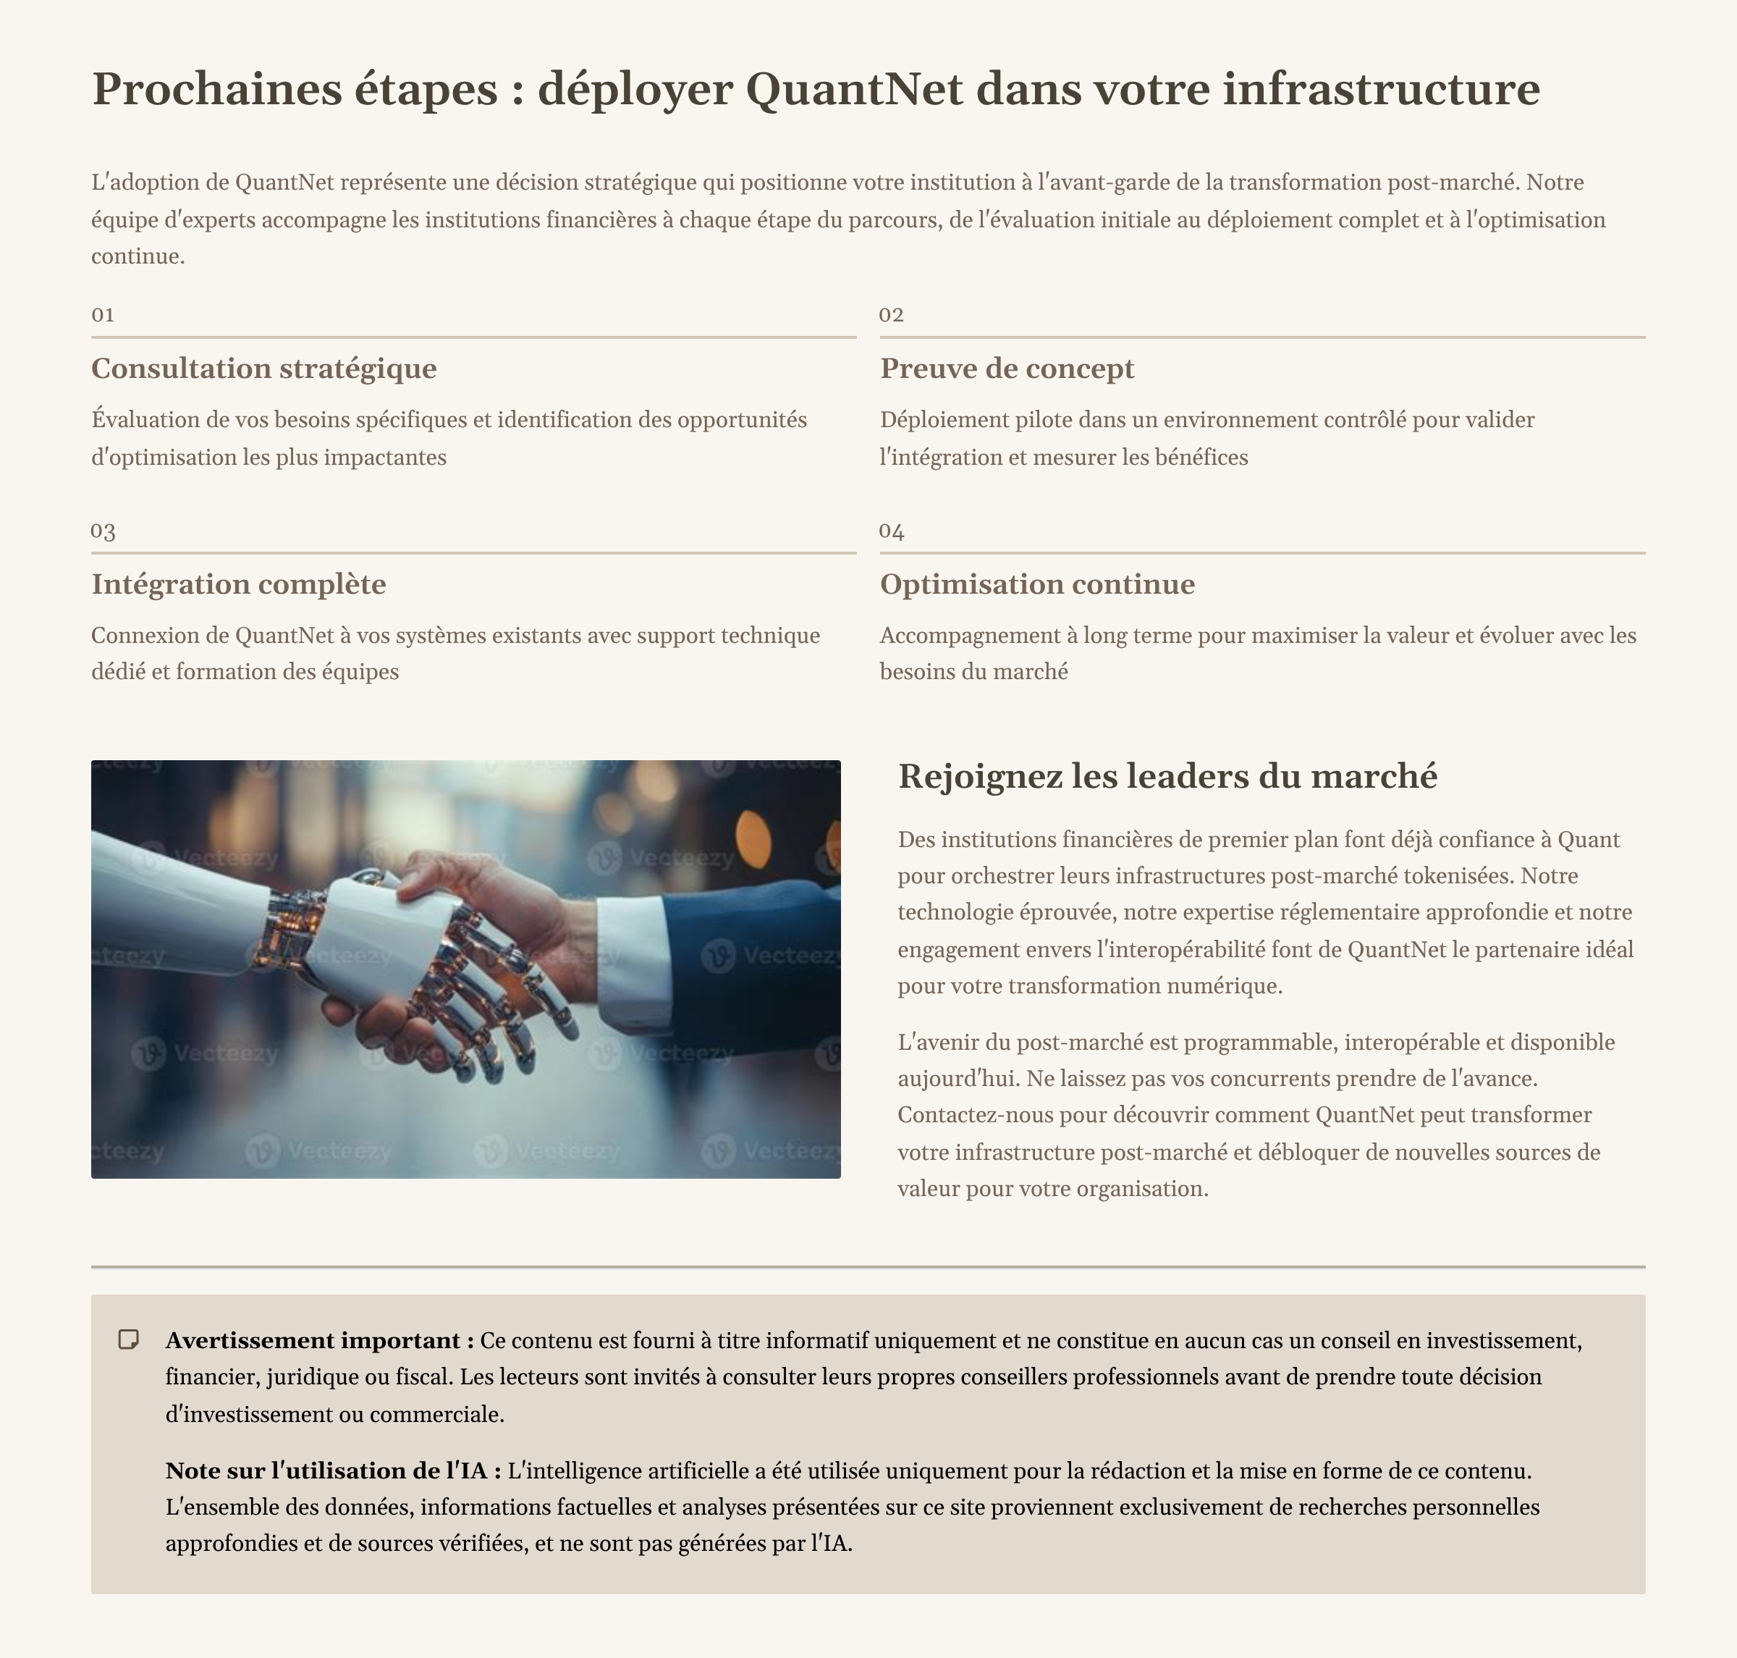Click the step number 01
point(103,316)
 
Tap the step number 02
point(891,316)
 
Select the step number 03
point(103,531)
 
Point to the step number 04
point(891,531)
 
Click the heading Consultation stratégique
point(263,369)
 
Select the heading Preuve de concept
point(1006,369)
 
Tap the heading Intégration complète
point(239,584)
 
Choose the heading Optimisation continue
point(1036,584)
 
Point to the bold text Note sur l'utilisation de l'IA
point(332,1470)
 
